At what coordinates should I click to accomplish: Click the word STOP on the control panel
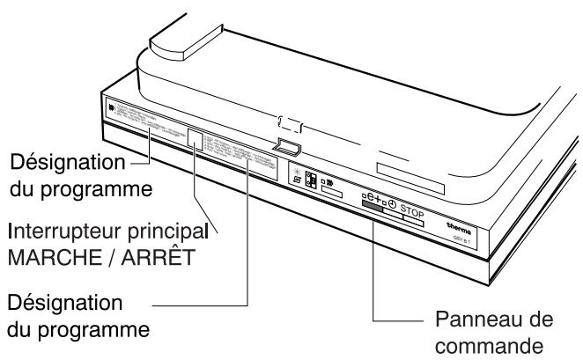[418, 210]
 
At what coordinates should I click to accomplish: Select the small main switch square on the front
[197, 141]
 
